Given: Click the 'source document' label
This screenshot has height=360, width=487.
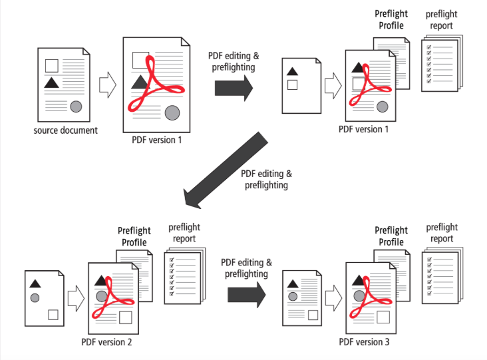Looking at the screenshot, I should (65, 130).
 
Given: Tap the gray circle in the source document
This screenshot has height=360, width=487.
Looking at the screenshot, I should (76, 105).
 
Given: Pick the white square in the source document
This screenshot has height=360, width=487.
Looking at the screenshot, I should (51, 65).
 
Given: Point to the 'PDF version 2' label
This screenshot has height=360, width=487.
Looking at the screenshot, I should (107, 342).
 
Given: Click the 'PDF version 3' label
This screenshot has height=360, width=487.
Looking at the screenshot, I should (364, 342).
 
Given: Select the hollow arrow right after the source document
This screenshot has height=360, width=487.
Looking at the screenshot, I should (107, 85).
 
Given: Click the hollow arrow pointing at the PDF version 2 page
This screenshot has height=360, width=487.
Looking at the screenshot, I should (76, 297).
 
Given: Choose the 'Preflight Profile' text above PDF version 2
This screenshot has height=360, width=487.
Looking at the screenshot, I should (135, 237).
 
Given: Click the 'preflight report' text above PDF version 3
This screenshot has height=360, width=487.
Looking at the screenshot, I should (442, 233).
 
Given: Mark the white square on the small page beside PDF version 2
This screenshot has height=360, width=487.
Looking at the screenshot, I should (53, 314).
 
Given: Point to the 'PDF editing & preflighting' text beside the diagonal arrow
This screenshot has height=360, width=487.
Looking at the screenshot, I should (266, 180).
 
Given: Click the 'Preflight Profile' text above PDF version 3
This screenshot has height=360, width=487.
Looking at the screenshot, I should (391, 236).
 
